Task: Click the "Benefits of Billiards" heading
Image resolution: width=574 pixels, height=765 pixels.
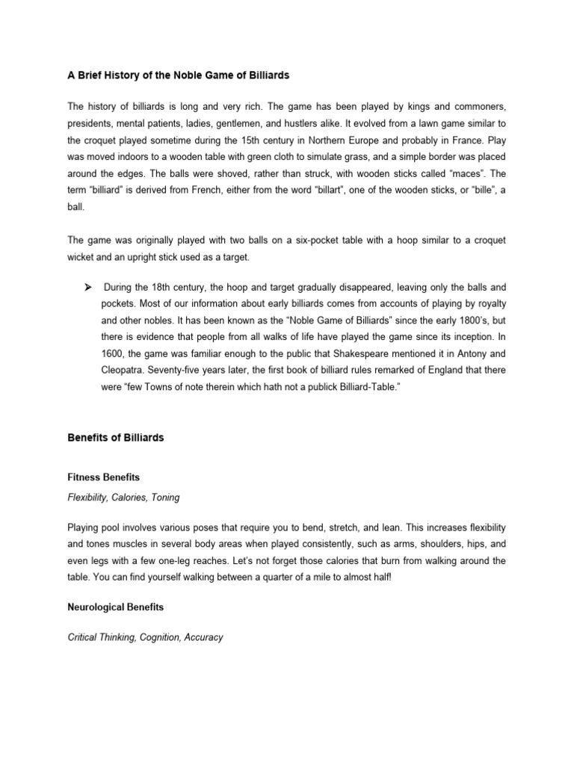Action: (x=115, y=437)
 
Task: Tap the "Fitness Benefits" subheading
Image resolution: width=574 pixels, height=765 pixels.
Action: (x=103, y=476)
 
